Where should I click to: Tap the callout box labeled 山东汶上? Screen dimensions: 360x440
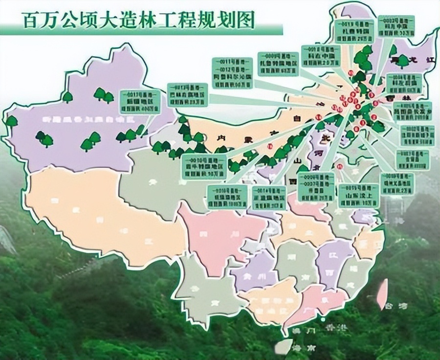pos(358,195)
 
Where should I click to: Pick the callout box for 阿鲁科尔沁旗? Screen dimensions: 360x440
pos(233,73)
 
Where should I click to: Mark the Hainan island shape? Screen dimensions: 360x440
pos(283,346)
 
